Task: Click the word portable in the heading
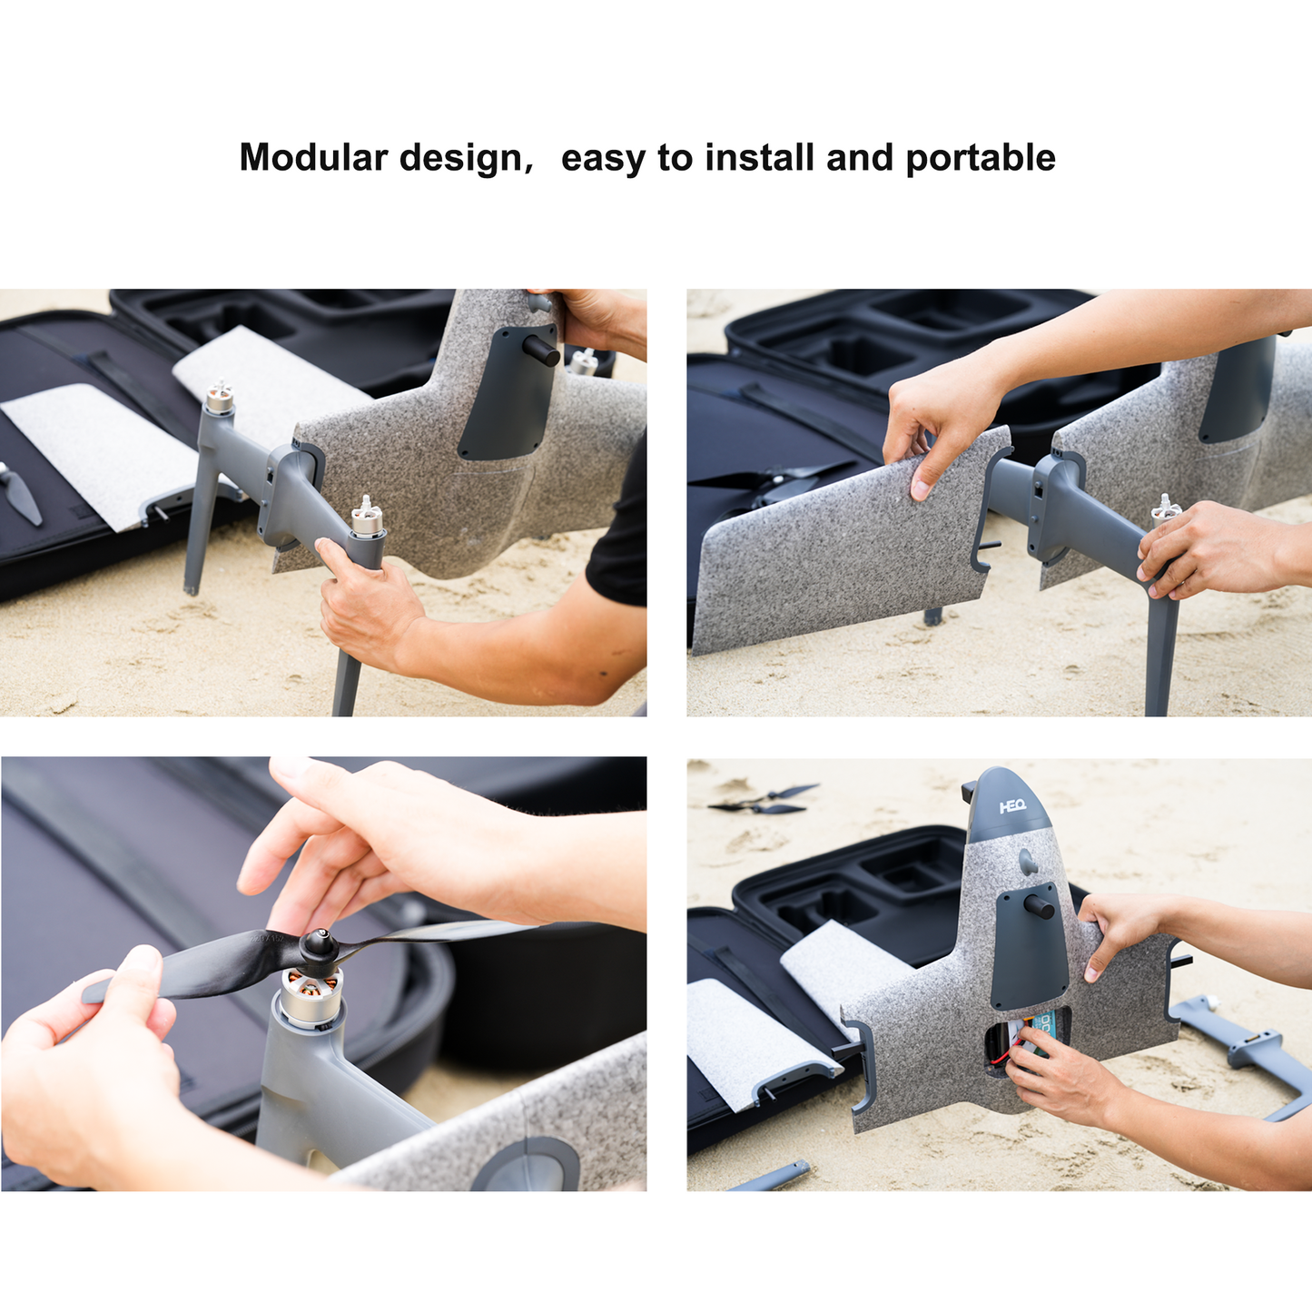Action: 981,158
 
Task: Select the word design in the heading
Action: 461,158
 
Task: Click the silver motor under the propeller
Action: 311,994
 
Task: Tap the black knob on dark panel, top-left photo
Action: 541,351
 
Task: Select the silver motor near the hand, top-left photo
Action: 367,519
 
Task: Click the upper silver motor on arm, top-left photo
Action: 219,397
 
